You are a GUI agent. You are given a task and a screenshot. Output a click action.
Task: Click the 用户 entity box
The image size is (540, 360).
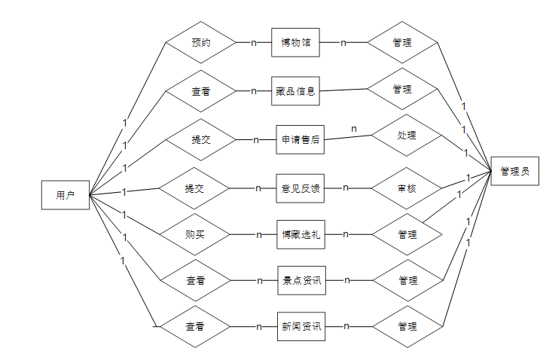tap(66, 195)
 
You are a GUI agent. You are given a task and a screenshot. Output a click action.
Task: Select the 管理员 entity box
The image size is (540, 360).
tap(514, 172)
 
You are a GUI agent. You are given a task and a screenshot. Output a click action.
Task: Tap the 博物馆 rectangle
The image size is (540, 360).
tap(296, 43)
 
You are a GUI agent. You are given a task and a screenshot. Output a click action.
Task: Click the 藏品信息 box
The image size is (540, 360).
tap(296, 91)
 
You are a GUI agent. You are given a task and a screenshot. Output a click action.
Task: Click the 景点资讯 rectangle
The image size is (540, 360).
tap(301, 281)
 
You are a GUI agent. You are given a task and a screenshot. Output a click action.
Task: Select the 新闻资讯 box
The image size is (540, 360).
tap(301, 327)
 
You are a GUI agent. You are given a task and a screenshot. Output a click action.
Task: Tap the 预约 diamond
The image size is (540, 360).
tap(201, 43)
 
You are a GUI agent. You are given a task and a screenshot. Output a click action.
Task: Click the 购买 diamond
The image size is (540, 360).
tap(195, 234)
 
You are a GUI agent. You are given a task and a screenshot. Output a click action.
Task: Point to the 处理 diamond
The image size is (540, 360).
tap(407, 136)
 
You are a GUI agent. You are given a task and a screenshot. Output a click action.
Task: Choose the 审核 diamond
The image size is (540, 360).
tap(407, 188)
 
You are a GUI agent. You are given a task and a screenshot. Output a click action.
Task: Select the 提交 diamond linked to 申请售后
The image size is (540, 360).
tap(201, 139)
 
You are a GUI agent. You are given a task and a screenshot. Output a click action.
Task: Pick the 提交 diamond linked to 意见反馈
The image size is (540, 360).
tap(195, 188)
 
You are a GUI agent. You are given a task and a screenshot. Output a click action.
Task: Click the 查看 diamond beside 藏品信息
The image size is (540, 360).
tap(201, 91)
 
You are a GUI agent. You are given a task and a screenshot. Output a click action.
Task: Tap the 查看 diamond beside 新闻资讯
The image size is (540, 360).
tap(196, 327)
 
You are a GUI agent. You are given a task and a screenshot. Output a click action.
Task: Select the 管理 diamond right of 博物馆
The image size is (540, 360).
tap(402, 43)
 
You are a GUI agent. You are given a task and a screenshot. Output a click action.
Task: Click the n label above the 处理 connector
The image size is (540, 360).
tap(354, 129)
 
